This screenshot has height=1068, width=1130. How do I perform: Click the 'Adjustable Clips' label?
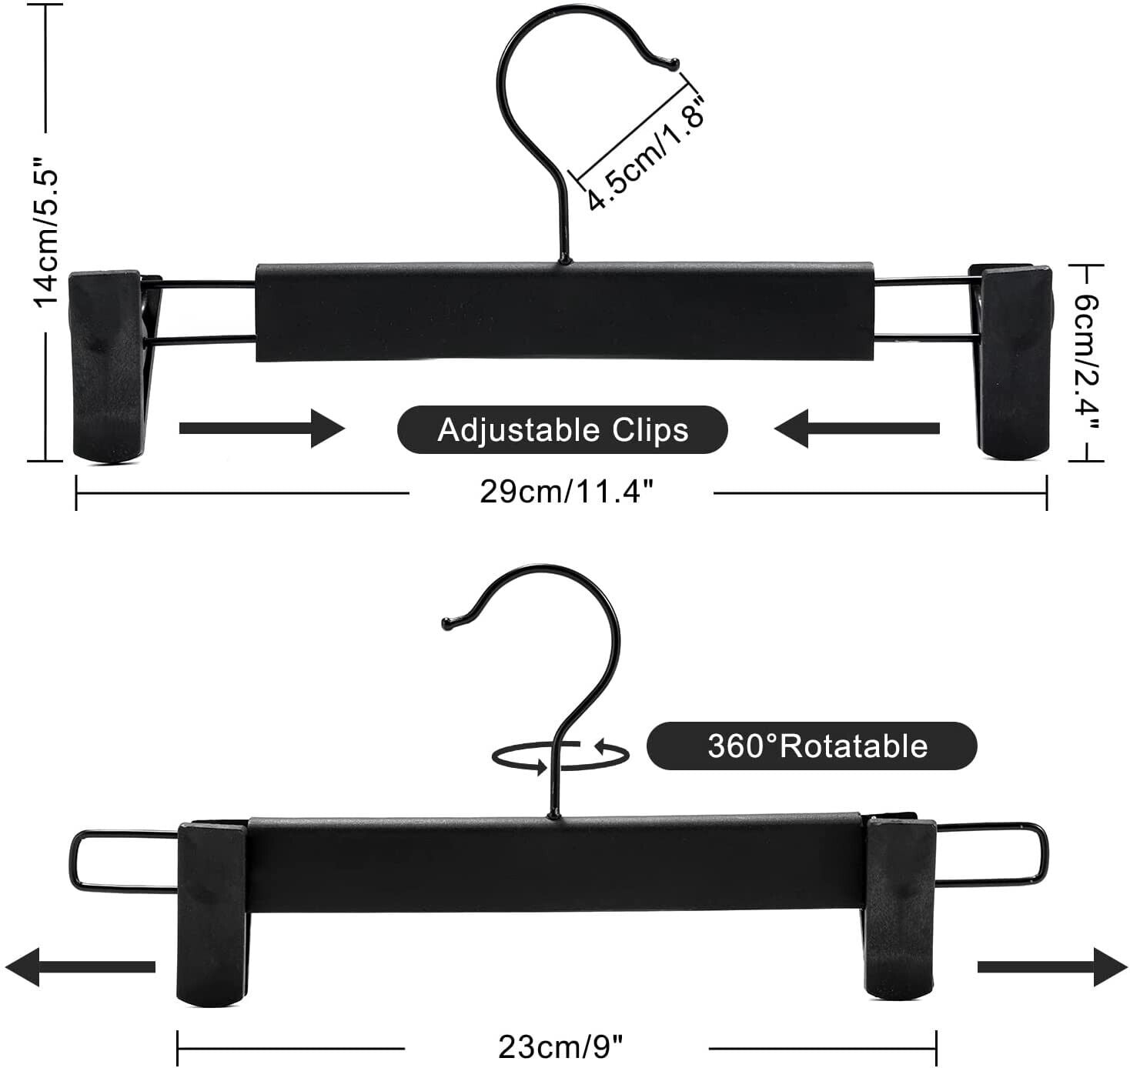click(562, 429)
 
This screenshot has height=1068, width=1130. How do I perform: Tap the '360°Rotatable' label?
click(817, 746)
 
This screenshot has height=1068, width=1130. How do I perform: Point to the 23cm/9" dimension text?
click(560, 1046)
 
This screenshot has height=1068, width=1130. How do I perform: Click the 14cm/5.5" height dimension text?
click(46, 232)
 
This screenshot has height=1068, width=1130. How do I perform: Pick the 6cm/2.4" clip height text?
click(1086, 364)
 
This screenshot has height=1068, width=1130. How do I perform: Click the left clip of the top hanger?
click(112, 365)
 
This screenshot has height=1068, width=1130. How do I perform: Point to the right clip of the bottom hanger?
click(900, 908)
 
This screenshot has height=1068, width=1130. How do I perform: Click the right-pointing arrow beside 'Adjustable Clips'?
click(262, 428)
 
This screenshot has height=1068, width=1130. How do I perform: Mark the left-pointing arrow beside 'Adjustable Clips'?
click(857, 428)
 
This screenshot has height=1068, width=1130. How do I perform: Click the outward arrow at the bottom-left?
click(80, 967)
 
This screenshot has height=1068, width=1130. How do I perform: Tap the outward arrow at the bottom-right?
click(1052, 967)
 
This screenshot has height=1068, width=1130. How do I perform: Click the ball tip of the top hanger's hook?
click(674, 64)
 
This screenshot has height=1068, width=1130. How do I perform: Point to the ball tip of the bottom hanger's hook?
click(448, 623)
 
